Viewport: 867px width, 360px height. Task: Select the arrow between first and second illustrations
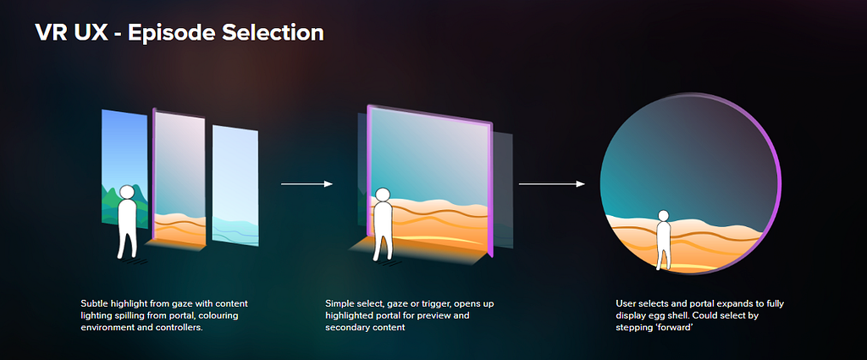coord(306,184)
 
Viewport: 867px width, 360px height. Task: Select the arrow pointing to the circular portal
coord(552,184)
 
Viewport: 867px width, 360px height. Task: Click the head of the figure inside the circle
coord(663,215)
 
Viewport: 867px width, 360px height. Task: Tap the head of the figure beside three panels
coord(127,192)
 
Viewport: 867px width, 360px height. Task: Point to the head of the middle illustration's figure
coord(383,195)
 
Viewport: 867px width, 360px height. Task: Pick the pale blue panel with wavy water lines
coord(235,186)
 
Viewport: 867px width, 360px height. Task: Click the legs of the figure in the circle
coord(662,255)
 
